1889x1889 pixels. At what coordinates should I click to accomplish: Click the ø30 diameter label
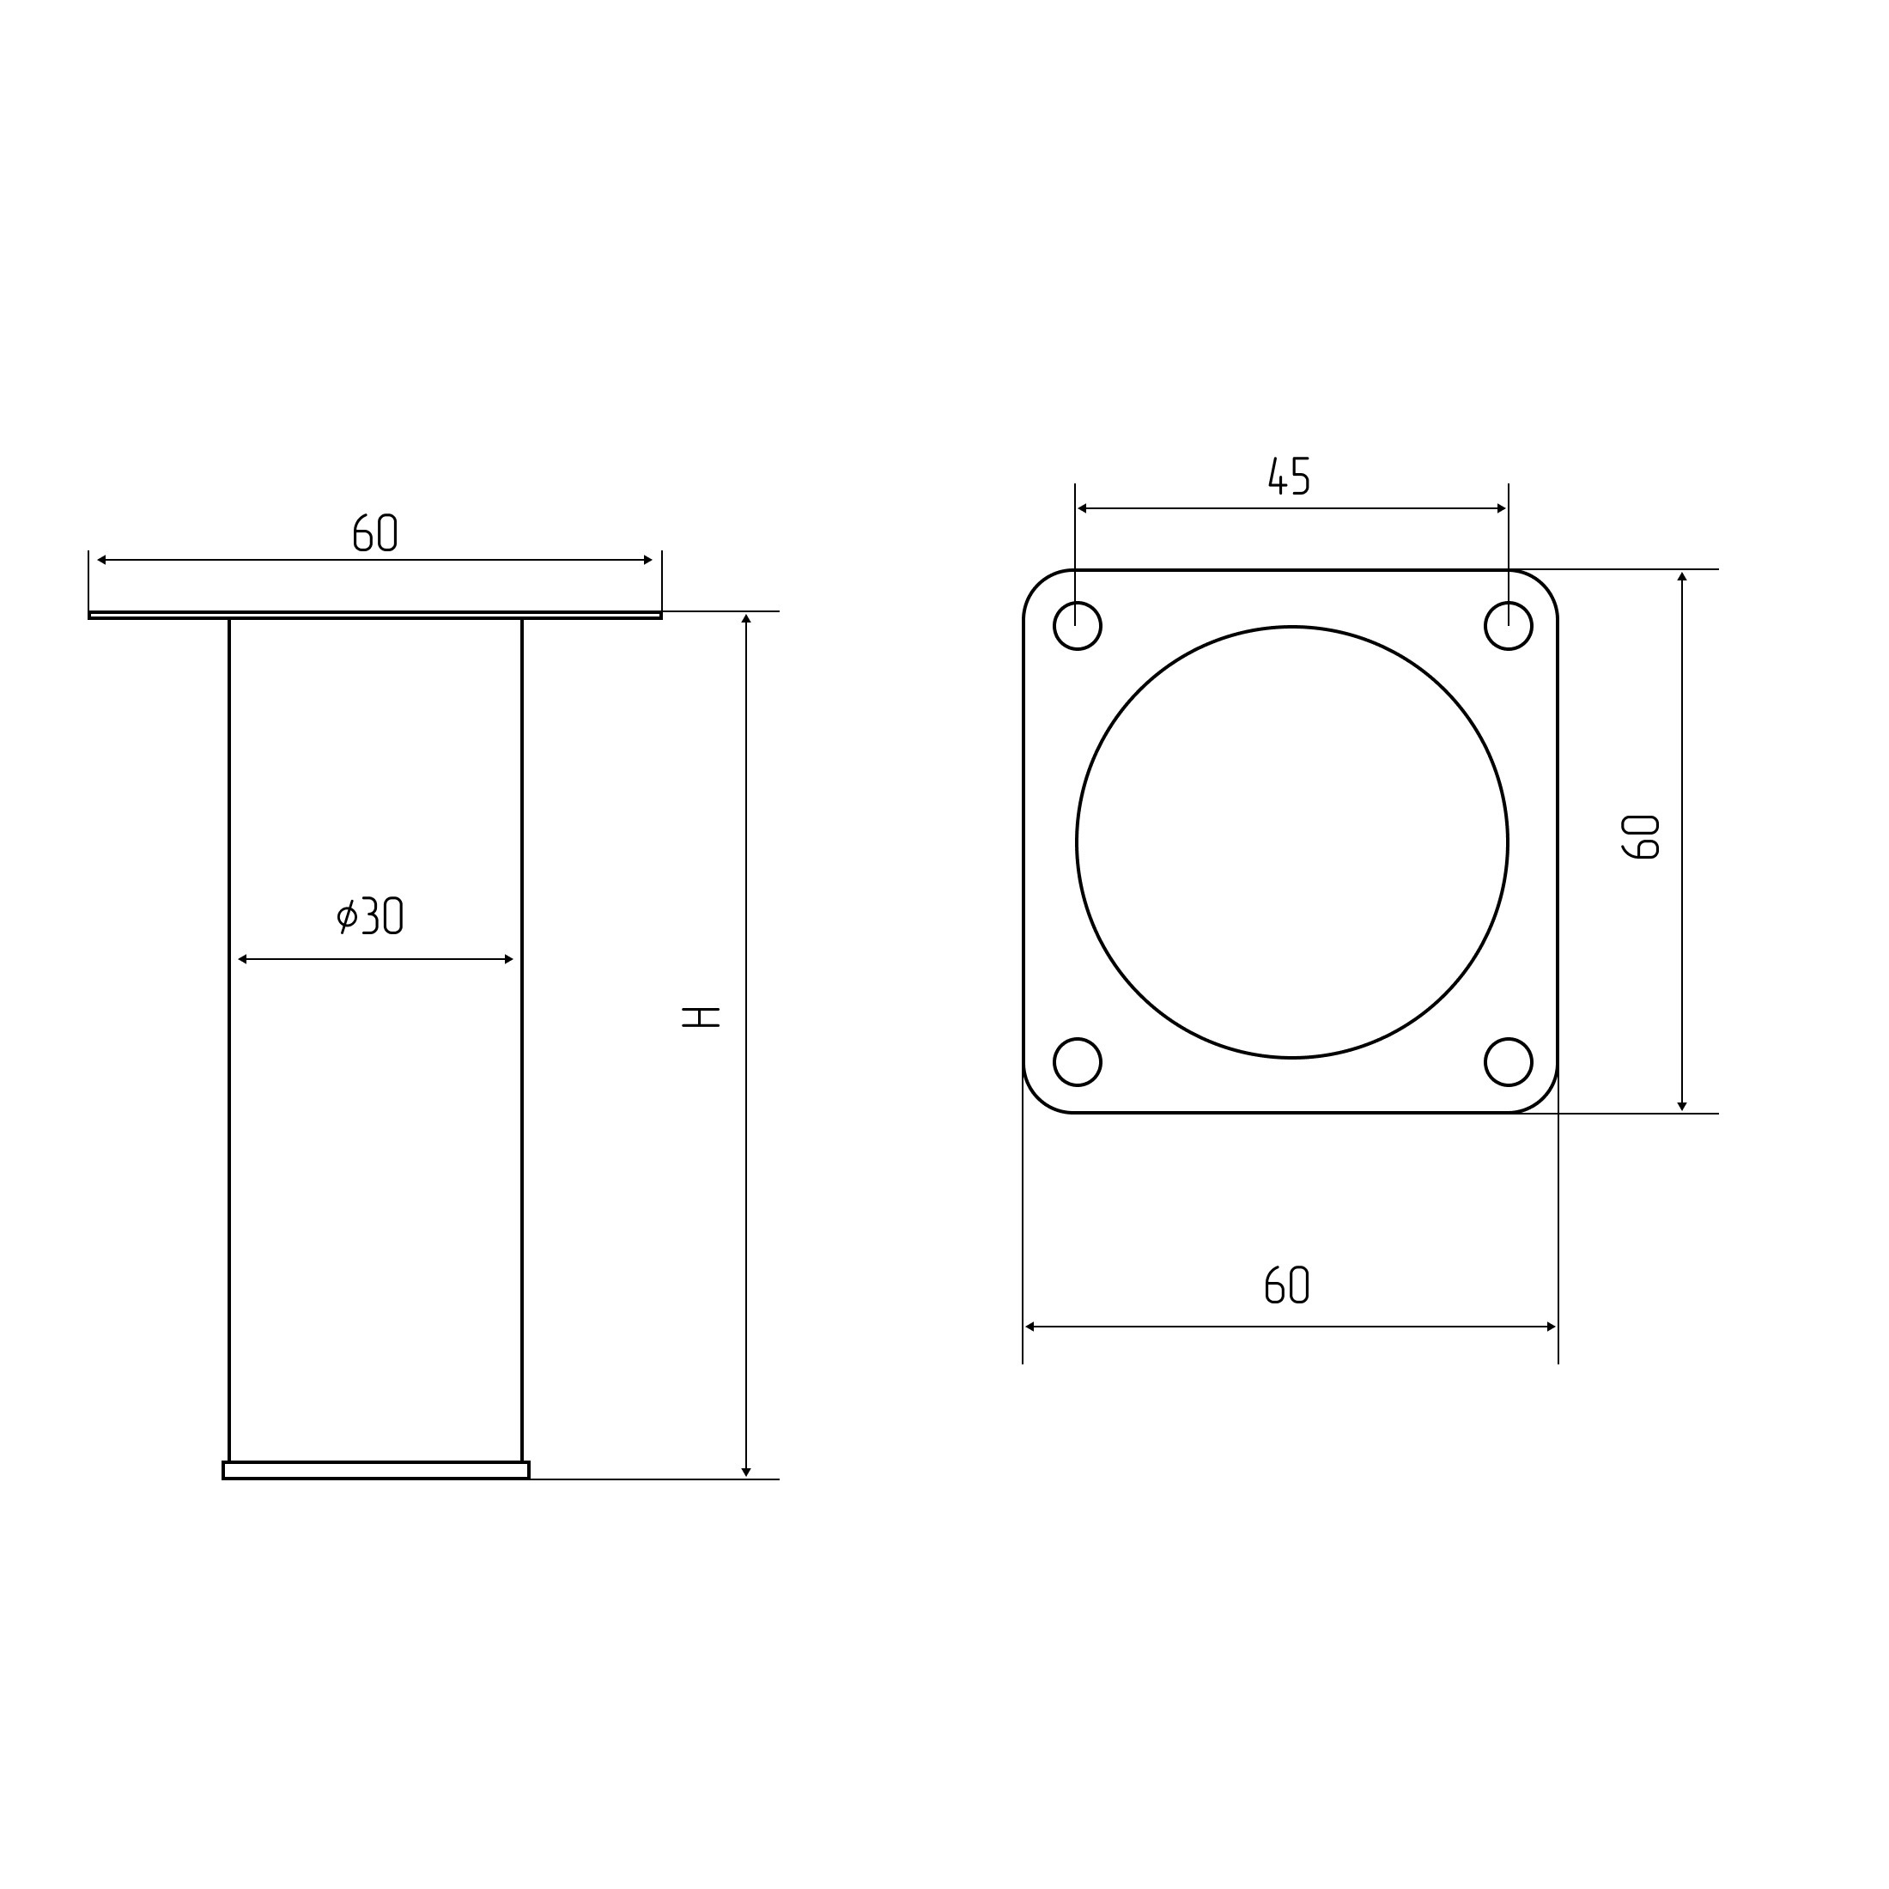[x=369, y=915]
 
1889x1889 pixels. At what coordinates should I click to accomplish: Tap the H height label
[x=701, y=1017]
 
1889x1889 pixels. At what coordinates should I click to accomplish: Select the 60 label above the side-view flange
[x=374, y=531]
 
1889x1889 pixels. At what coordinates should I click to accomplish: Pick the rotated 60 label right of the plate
[x=1641, y=837]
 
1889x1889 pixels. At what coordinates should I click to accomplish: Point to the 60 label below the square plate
[x=1287, y=1285]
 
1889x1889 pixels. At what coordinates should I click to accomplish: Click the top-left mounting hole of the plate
[x=1078, y=626]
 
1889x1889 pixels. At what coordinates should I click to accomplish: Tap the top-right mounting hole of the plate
[x=1509, y=626]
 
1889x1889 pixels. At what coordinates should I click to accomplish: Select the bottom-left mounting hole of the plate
[x=1078, y=1062]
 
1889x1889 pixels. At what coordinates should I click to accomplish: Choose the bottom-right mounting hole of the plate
[x=1509, y=1062]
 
